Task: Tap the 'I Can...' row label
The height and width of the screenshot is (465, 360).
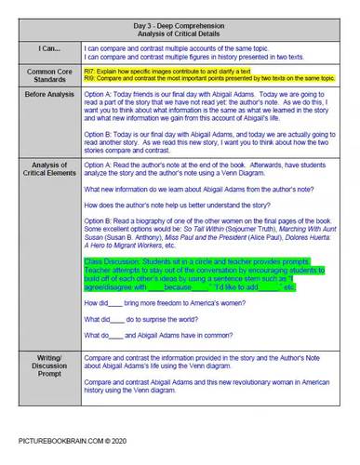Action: pos(44,48)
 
